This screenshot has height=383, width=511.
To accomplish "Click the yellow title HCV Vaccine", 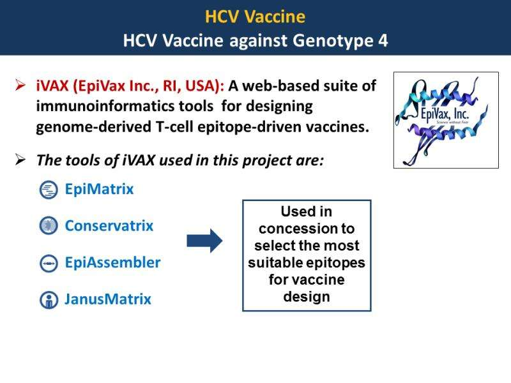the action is (255, 17).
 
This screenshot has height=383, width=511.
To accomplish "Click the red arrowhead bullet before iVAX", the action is (20, 86).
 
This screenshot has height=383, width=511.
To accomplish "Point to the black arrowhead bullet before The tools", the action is (20, 160).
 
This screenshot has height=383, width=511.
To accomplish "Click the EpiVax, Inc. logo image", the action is (446, 120).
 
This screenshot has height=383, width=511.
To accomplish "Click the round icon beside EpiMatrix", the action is (49, 190).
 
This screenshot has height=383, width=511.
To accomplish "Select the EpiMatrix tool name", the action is (100, 189).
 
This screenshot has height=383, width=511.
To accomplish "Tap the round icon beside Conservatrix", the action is (49, 225).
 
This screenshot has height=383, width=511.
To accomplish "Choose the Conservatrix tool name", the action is (109, 226).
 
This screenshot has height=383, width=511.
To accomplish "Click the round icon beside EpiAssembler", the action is (49, 263).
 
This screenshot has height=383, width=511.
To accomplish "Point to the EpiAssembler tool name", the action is (113, 262).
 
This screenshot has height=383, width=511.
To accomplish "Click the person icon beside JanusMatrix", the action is (49, 299).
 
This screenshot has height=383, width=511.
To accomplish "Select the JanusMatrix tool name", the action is (108, 299).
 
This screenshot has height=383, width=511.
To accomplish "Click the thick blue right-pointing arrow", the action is (204, 241).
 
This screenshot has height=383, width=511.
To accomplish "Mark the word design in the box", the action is (307, 297).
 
